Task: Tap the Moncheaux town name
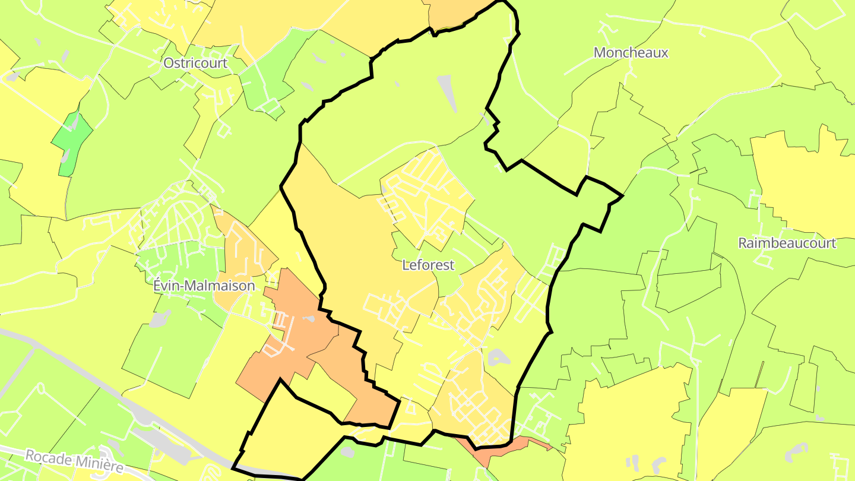pyautogui.click(x=631, y=53)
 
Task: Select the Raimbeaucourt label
pyautogui.click(x=787, y=243)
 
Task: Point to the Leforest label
pyautogui.click(x=428, y=265)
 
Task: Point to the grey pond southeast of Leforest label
pyautogui.click(x=498, y=357)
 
